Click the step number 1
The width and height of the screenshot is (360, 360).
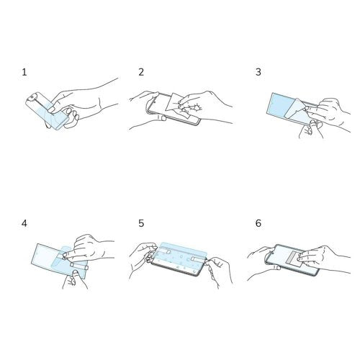pyautogui.click(x=24, y=73)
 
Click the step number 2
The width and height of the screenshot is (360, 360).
pyautogui.click(x=141, y=73)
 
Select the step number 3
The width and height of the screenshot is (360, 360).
pyautogui.click(x=258, y=73)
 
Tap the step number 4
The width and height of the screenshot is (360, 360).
pyautogui.click(x=24, y=224)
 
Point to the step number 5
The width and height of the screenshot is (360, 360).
pyautogui.click(x=141, y=224)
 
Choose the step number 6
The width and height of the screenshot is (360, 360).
pyautogui.click(x=258, y=224)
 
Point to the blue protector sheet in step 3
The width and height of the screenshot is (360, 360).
pyautogui.click(x=281, y=104)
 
